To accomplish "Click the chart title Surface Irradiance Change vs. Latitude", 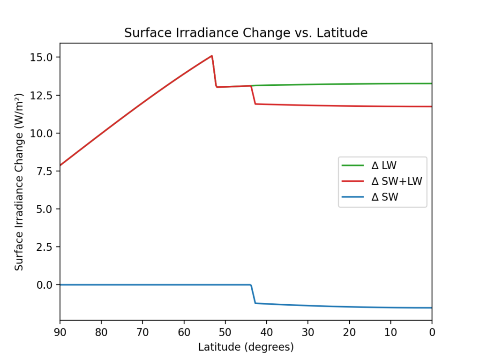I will tap(246, 33).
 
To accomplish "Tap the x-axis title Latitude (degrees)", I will tap(246, 347).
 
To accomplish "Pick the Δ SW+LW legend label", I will tap(397, 181).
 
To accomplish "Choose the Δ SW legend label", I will tap(385, 197).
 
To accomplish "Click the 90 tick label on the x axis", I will tap(60, 332).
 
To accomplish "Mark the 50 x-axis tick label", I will tap(225, 332).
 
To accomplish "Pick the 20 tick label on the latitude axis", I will tap(349, 332).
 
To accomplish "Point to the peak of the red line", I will tap(212, 56).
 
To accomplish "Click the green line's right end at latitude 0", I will tap(431, 83).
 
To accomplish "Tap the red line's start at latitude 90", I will tap(60, 165).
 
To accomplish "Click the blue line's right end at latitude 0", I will tap(431, 308).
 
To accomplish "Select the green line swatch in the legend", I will tap(353, 165).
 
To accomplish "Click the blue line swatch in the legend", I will tap(353, 197).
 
